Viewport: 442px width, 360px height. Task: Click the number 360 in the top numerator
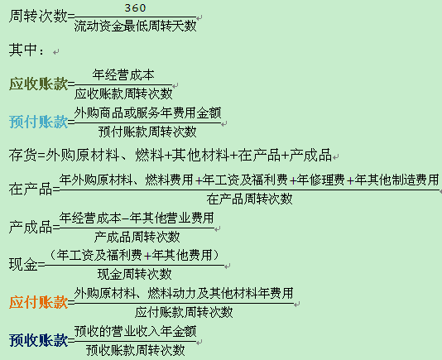coord(135,8)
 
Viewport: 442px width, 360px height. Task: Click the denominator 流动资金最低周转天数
coord(135,26)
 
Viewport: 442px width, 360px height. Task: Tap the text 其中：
coord(26,50)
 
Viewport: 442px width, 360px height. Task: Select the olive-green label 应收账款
coord(38,84)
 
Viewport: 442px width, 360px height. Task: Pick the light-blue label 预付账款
coord(38,122)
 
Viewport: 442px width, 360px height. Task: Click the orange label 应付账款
coord(38,303)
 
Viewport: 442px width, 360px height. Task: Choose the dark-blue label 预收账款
coord(38,340)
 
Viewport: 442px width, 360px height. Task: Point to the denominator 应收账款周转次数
coord(123,94)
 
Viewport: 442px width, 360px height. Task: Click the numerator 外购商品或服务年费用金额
coord(147,113)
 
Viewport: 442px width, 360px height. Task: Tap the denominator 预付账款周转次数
coord(147,132)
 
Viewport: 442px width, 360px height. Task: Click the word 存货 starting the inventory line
coord(22,156)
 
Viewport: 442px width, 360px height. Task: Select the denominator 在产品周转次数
coord(249,199)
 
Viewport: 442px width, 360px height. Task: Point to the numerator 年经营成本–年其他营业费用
coord(137,218)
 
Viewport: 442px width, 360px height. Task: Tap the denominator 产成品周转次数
coord(137,237)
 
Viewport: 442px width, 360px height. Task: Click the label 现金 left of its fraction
coord(23,265)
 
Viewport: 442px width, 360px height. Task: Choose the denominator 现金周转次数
coord(134,274)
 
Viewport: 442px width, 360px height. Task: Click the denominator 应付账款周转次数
coord(184,312)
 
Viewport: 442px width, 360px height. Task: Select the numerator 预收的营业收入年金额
coord(135,331)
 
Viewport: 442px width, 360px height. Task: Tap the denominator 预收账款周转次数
coord(136,350)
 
